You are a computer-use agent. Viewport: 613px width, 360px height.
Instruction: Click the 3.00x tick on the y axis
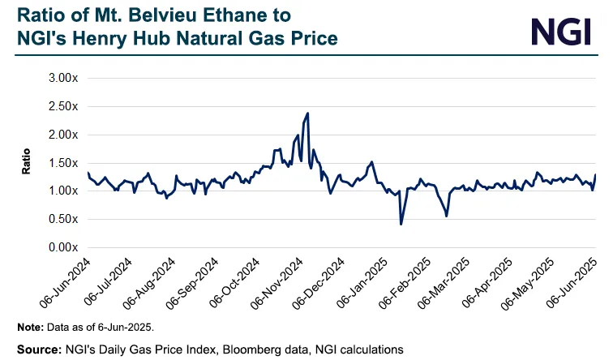(x=62, y=78)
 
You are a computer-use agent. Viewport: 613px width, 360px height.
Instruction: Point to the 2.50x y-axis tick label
(x=62, y=106)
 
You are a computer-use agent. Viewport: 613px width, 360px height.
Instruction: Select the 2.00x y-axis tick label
(x=62, y=135)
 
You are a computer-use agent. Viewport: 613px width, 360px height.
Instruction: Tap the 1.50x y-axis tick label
(x=62, y=163)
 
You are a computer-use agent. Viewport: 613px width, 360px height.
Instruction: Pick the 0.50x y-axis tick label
(x=62, y=219)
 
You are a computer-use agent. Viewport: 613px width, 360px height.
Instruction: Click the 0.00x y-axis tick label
(x=62, y=247)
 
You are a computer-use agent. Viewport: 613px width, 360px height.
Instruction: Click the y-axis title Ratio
(x=27, y=162)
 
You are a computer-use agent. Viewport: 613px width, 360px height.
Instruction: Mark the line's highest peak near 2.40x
(x=307, y=114)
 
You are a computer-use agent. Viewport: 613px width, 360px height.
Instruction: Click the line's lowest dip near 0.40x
(x=401, y=224)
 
